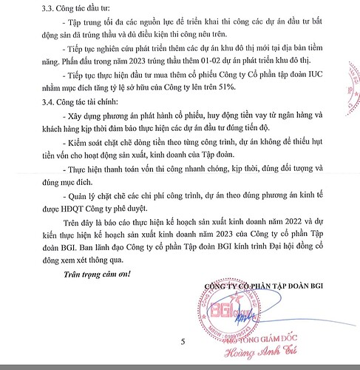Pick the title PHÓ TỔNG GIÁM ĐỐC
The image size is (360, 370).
(x=238, y=342)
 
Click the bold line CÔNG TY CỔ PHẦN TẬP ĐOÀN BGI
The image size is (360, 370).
(x=265, y=287)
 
